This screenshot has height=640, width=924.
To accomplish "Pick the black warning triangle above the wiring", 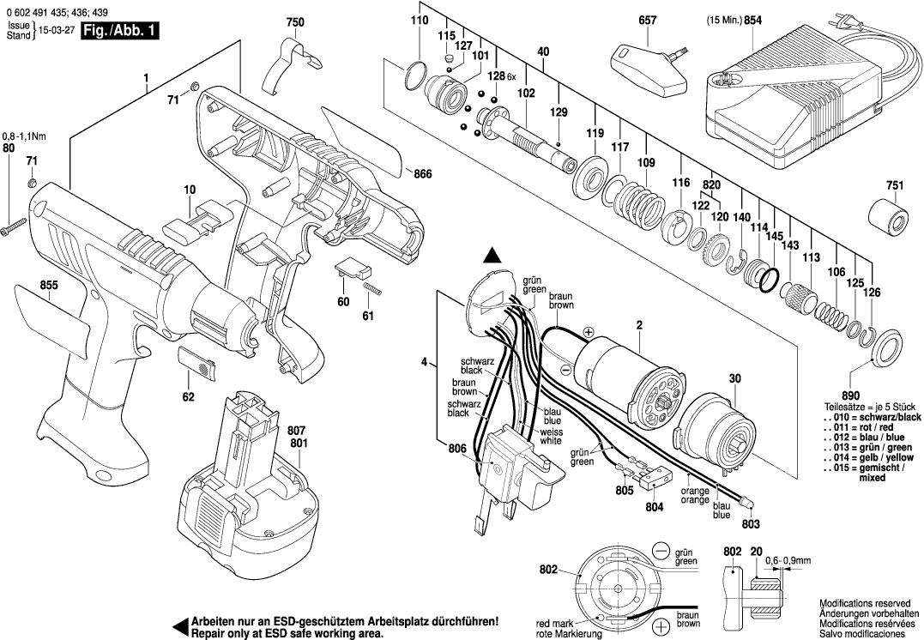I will pyautogui.click(x=492, y=255).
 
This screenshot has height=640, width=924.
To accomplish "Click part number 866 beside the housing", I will pyautogui.click(x=422, y=175).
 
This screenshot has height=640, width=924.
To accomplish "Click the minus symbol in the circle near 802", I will pyautogui.click(x=661, y=549).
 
